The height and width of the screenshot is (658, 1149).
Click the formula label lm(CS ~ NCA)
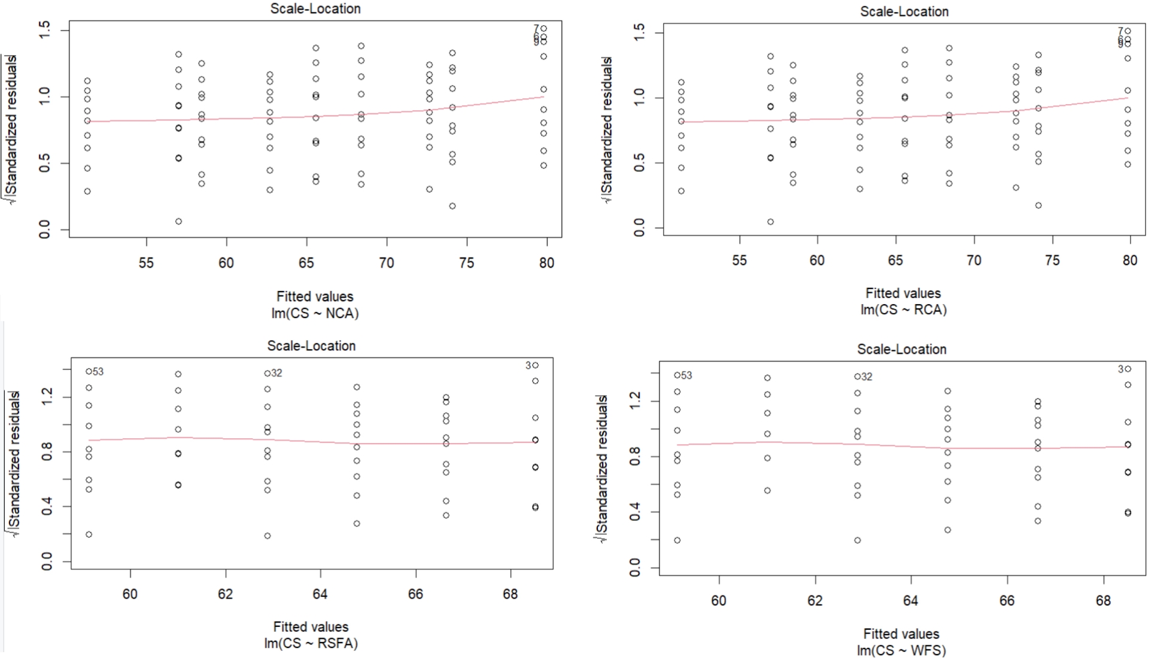click(x=315, y=313)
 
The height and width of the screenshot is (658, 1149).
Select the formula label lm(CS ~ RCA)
click(x=904, y=310)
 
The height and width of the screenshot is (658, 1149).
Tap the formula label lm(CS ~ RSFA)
click(x=311, y=643)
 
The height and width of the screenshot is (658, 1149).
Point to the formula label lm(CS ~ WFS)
click(x=901, y=650)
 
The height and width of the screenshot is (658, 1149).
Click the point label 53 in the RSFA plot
click(x=98, y=372)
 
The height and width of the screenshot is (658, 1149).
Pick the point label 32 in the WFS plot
click(x=867, y=377)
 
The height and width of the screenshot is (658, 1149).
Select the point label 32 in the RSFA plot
click(x=276, y=373)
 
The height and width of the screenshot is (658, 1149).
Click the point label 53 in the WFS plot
click(x=686, y=375)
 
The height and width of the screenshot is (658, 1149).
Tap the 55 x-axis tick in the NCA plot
click(x=146, y=262)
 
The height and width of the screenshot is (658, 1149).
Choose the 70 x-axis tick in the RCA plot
click(x=974, y=260)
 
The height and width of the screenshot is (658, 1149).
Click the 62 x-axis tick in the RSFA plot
click(x=225, y=593)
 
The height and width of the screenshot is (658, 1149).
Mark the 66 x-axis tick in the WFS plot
click(x=1007, y=600)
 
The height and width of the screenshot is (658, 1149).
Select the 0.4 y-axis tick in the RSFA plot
click(x=47, y=507)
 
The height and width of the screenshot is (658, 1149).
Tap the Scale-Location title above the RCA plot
click(x=904, y=11)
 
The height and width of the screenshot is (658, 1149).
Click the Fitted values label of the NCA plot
click(x=315, y=296)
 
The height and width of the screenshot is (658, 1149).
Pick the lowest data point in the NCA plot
click(x=178, y=222)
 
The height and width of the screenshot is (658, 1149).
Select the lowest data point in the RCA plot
click(x=771, y=222)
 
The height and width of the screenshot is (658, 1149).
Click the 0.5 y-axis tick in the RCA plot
click(x=639, y=163)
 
